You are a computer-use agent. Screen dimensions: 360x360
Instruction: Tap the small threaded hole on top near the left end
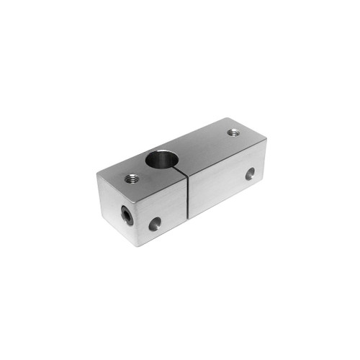pyautogui.click(x=131, y=178)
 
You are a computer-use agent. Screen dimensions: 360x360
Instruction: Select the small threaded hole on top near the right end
pyautogui.click(x=233, y=132)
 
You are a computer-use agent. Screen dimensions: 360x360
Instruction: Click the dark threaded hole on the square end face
pyautogui.click(x=127, y=215)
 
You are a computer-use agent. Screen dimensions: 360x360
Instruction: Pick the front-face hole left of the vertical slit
pyautogui.click(x=153, y=225)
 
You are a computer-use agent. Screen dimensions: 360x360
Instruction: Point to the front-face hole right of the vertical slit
pyautogui.click(x=250, y=174)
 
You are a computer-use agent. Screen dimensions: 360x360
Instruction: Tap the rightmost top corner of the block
pyautogui.click(x=266, y=140)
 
